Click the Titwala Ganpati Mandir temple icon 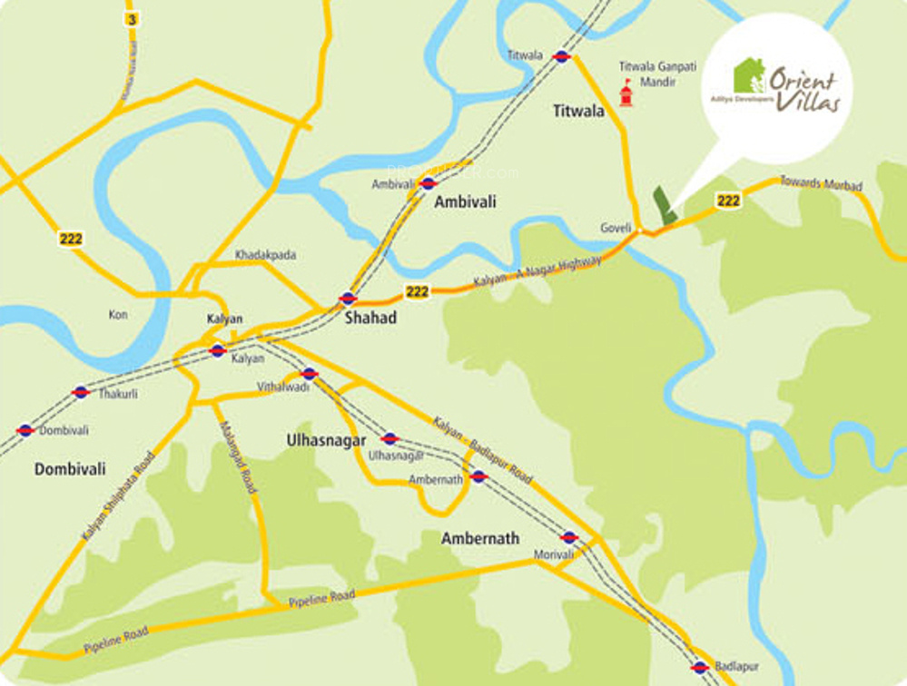tap(626, 93)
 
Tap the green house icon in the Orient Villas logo tap(749, 75)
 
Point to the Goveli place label tap(616, 228)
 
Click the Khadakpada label tap(265, 255)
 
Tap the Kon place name tap(118, 315)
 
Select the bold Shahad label tap(370, 318)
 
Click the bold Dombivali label tap(70, 469)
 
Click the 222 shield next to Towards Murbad tap(727, 201)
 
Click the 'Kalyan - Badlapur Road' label tap(482, 451)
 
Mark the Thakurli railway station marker tap(81, 392)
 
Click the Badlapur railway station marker tap(699, 668)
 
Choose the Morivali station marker tap(569, 537)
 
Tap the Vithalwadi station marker tap(309, 374)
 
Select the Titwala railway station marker tap(562, 56)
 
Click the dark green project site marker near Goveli tap(665, 206)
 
